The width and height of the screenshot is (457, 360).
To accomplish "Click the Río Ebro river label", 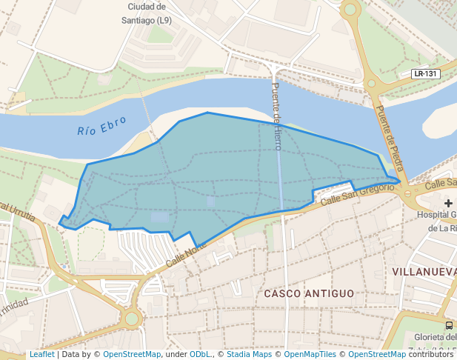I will click(102, 126).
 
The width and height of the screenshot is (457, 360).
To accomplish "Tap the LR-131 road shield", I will click(426, 74).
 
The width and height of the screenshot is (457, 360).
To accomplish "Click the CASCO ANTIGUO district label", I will click(309, 294).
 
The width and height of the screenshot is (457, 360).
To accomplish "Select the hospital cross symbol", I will click(448, 203).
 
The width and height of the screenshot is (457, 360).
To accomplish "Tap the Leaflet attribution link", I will click(41, 355).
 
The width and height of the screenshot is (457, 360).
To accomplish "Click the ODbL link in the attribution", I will click(199, 355).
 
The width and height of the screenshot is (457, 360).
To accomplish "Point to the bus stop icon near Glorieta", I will click(450, 325).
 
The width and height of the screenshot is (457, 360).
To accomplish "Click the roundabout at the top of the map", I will click(350, 10).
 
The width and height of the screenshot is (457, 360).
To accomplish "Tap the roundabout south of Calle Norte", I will click(132, 319).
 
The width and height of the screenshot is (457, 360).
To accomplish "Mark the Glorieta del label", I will click(438, 339).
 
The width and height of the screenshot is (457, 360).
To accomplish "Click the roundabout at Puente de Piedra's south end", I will click(408, 193).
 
